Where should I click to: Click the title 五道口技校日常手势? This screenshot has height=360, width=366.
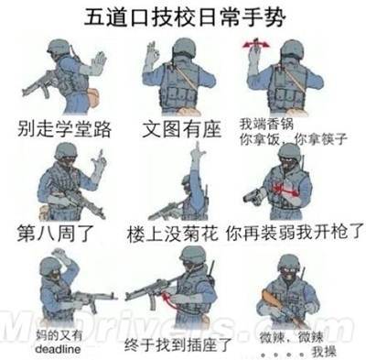click(x=184, y=16)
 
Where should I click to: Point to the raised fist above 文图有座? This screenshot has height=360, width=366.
click(x=152, y=55)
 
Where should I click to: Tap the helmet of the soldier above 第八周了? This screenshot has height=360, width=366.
click(x=64, y=152)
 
